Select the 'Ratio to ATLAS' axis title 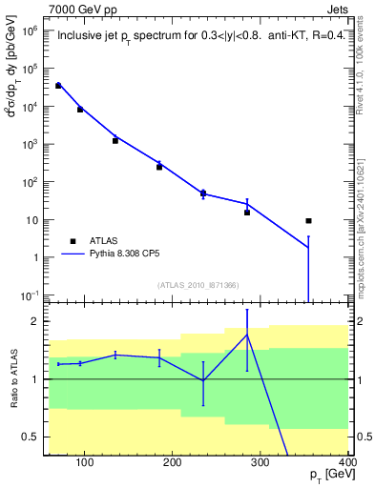(14, 378)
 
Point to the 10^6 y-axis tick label (30, 31)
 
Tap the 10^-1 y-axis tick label (30, 295)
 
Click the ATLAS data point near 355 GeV (308, 221)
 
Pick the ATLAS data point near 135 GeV (115, 140)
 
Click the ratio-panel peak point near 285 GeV (247, 335)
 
